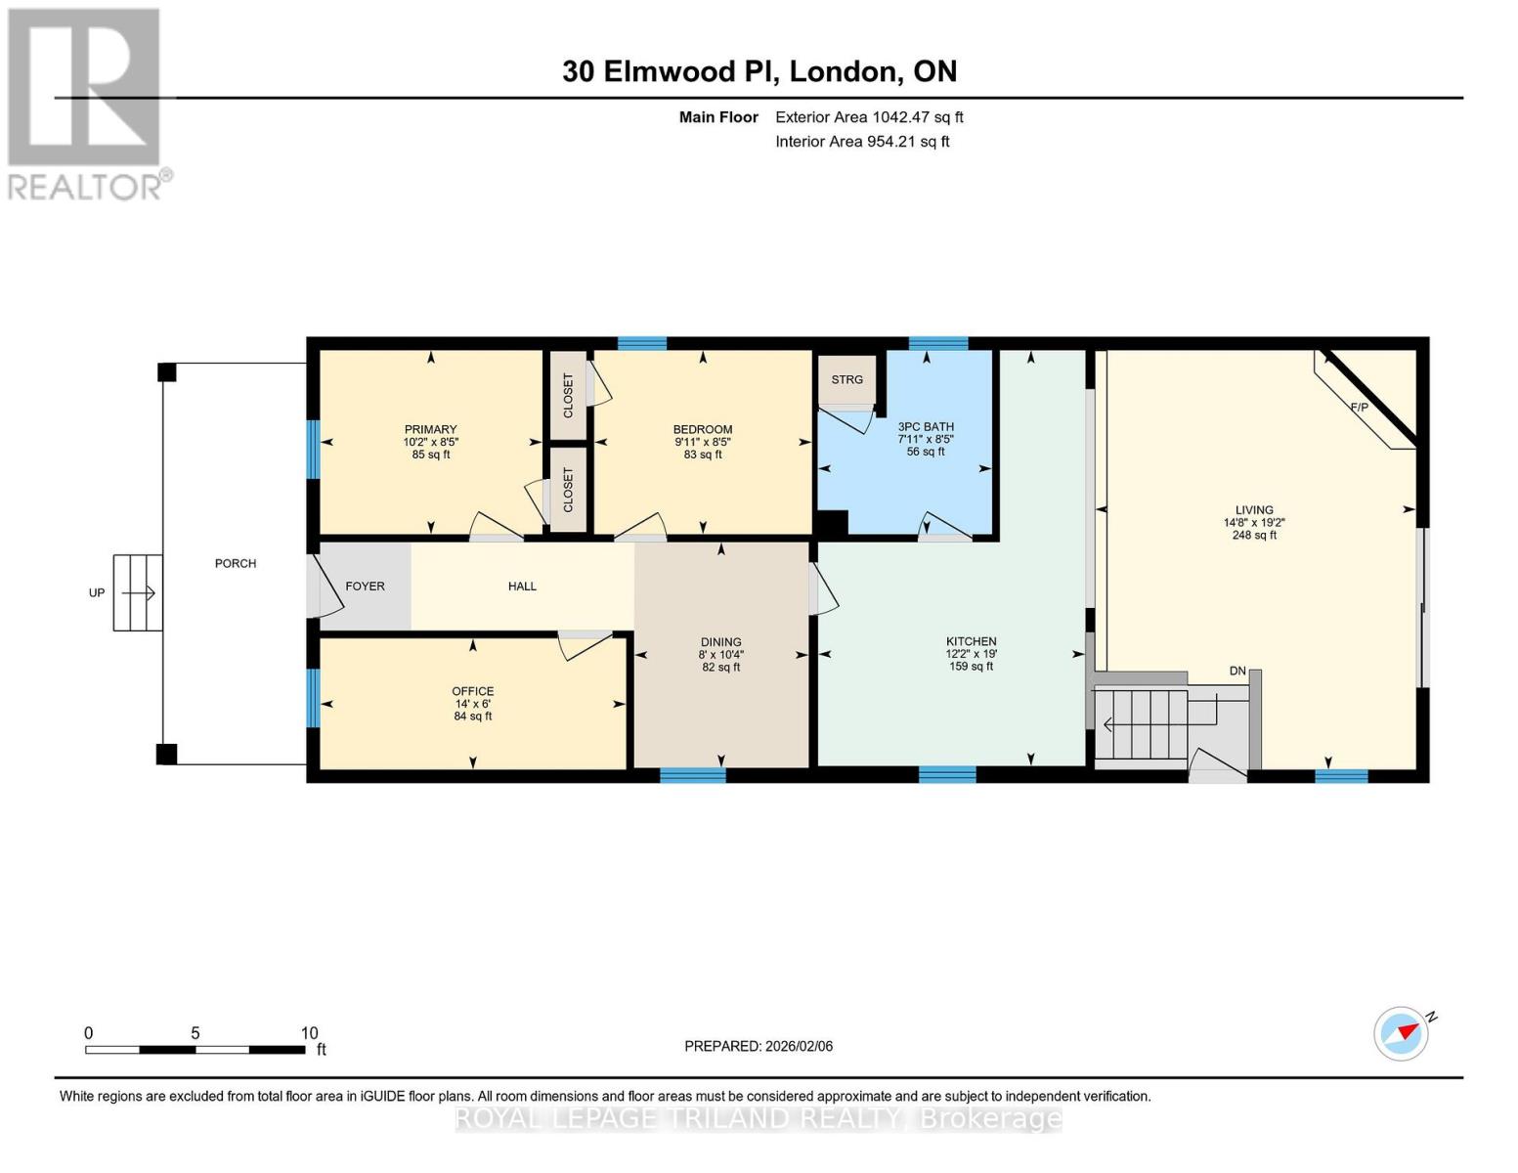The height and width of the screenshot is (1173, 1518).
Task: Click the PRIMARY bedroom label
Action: pyautogui.click(x=430, y=429)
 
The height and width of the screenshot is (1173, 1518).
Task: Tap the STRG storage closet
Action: pyautogui.click(x=846, y=379)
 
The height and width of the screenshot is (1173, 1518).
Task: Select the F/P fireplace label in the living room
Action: pyautogui.click(x=1359, y=407)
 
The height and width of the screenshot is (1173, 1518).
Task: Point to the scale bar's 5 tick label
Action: pyautogui.click(x=195, y=1033)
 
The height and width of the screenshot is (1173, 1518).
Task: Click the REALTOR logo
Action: pyautogui.click(x=85, y=103)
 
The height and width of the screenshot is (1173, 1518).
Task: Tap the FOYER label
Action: pyautogui.click(x=365, y=586)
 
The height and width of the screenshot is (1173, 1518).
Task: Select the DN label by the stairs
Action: pyautogui.click(x=1237, y=671)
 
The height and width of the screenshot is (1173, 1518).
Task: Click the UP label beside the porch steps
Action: pyautogui.click(x=97, y=592)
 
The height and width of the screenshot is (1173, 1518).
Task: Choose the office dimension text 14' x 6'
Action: pyautogui.click(x=472, y=704)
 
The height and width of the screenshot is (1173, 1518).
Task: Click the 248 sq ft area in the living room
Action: pyautogui.click(x=1254, y=535)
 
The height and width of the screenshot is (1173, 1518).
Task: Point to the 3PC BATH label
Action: pyautogui.click(x=926, y=426)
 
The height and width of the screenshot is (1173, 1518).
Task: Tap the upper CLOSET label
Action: pyautogui.click(x=568, y=395)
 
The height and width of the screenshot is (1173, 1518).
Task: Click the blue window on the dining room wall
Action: pyautogui.click(x=692, y=775)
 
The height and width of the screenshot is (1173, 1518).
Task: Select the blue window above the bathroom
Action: pyautogui.click(x=937, y=343)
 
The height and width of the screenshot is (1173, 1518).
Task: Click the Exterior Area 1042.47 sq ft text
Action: pyautogui.click(x=869, y=117)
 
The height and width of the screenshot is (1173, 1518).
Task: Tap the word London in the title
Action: pyautogui.click(x=845, y=71)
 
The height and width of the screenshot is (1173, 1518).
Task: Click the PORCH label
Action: pyautogui.click(x=235, y=563)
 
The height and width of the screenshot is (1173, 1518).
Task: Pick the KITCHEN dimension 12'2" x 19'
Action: pyautogui.click(x=971, y=654)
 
